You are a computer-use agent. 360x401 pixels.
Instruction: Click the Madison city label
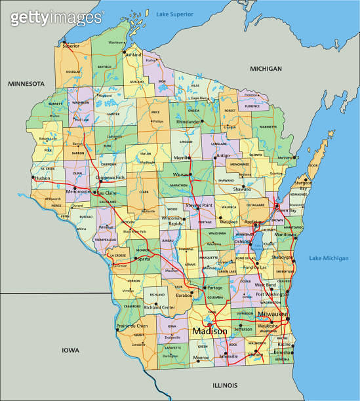click(209, 332)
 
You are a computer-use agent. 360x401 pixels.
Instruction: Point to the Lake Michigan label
click(328, 258)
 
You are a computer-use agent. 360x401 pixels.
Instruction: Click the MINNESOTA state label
click(26, 84)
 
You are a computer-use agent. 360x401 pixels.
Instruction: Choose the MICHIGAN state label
click(266, 69)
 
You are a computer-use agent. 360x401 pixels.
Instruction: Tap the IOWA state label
click(70, 351)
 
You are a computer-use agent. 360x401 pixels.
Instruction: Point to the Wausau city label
click(181, 175)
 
